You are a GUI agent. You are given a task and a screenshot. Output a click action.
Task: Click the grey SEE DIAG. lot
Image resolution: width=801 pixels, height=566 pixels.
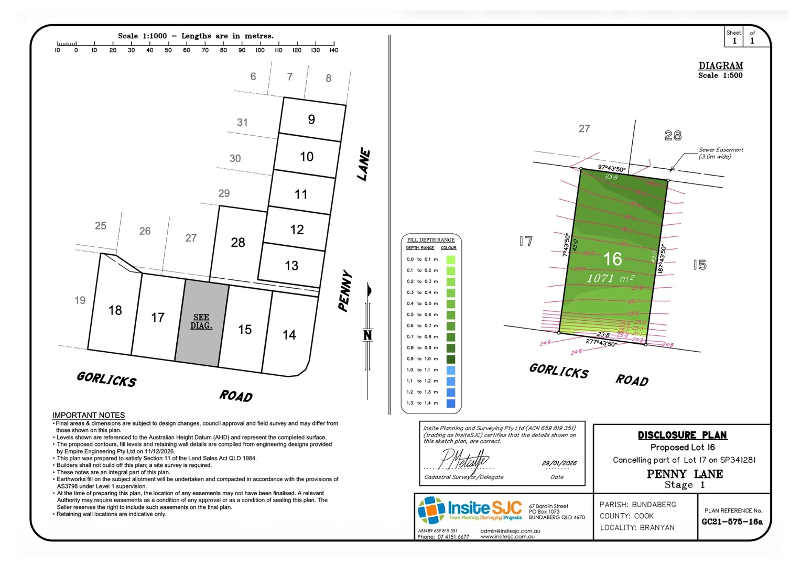tap(202, 322)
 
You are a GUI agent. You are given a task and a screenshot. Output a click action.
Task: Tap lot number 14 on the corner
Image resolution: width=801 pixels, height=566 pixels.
tap(289, 335)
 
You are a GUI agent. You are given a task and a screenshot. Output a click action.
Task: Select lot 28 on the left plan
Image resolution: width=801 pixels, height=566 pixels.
tap(238, 243)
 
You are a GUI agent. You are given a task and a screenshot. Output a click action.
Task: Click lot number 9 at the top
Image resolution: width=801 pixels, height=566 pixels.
tap(311, 119)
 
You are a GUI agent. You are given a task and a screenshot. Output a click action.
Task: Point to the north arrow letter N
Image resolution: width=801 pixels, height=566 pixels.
tap(368, 335)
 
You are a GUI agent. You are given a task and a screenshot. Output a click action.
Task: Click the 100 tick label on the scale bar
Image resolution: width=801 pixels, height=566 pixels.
tap(260, 50)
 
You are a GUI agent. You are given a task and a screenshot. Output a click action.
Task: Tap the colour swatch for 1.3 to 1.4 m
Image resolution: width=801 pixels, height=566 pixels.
tap(451, 403)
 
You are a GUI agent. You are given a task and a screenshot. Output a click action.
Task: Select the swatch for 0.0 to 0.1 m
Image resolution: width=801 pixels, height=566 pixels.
tap(451, 259)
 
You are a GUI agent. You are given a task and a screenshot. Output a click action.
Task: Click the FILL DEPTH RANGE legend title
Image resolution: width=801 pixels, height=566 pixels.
tap(431, 240)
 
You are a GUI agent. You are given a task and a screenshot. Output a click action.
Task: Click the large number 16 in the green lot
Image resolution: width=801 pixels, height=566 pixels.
tap(612, 259)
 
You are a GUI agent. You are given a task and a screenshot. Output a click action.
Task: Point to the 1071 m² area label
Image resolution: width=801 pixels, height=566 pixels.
tap(610, 278)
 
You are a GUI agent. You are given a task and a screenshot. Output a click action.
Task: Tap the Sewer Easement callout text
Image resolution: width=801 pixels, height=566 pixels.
tap(720, 153)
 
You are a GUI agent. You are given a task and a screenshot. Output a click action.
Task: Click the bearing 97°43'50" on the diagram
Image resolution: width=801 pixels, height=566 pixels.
tap(612, 168)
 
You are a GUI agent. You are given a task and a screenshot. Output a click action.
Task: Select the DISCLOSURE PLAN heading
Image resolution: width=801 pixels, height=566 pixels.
tap(682, 435)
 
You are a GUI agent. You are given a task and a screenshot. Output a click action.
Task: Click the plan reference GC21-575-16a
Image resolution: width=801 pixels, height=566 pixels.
tap(732, 521)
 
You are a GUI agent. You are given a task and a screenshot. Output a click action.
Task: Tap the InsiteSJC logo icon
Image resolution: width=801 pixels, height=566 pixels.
tap(431, 510)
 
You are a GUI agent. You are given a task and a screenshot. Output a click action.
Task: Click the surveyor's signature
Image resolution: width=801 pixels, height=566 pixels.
tap(464, 460)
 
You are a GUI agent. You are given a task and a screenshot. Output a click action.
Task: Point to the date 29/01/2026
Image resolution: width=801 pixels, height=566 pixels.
tap(559, 463)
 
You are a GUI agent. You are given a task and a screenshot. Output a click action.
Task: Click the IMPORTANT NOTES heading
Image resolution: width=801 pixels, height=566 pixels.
tap(89, 415)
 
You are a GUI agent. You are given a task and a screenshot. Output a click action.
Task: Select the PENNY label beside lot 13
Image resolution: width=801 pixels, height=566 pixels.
tap(344, 291)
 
